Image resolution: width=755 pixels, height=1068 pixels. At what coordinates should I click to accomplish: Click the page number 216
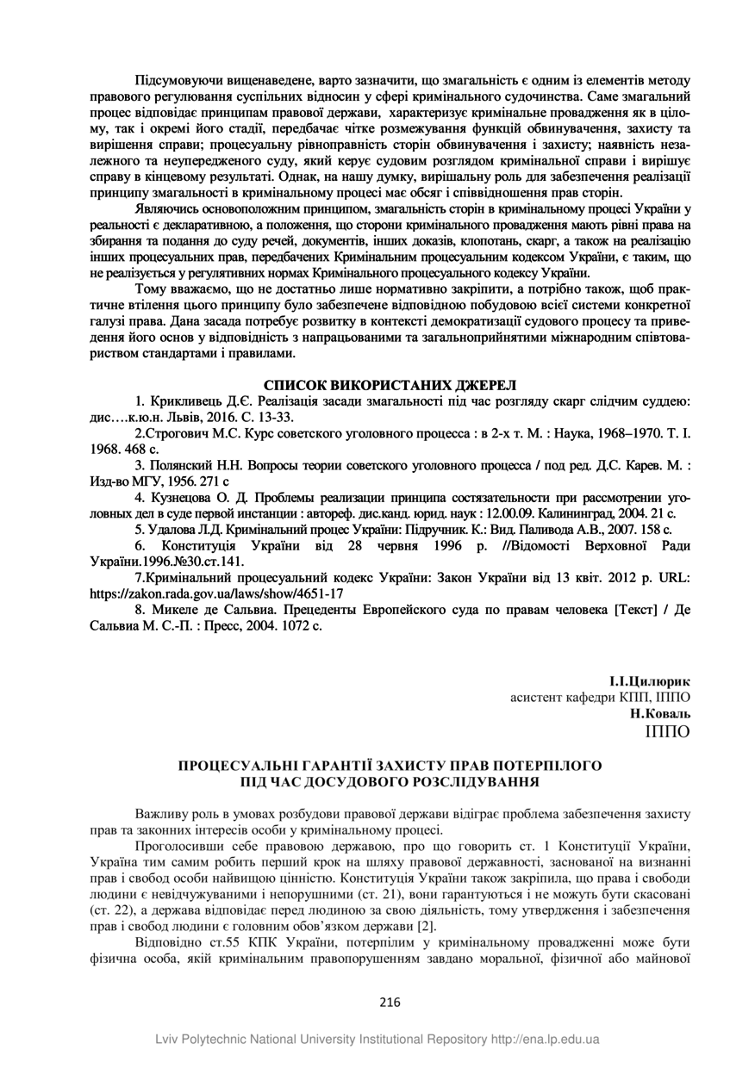[390, 1001]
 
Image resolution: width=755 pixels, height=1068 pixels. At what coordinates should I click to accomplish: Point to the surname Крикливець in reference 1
[190, 401]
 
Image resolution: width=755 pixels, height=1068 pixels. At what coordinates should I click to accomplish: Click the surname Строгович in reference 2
[180, 433]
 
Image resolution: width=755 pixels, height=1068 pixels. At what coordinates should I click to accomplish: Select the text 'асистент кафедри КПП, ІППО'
[601, 697]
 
